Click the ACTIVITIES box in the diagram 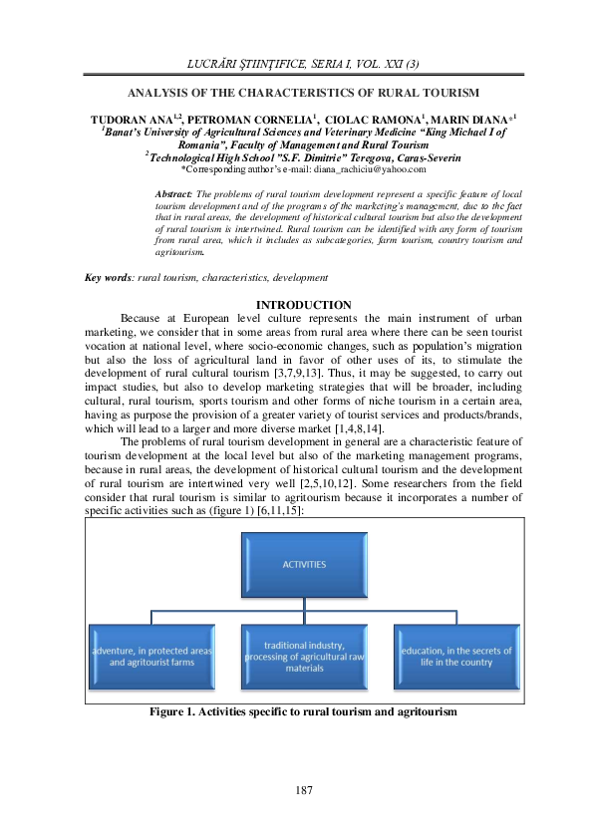[303, 564]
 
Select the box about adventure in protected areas [151, 656]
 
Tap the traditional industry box [303, 656]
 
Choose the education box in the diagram [455, 656]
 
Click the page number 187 [304, 790]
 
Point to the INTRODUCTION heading [303, 305]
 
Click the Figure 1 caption [303, 713]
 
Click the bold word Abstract [174, 192]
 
